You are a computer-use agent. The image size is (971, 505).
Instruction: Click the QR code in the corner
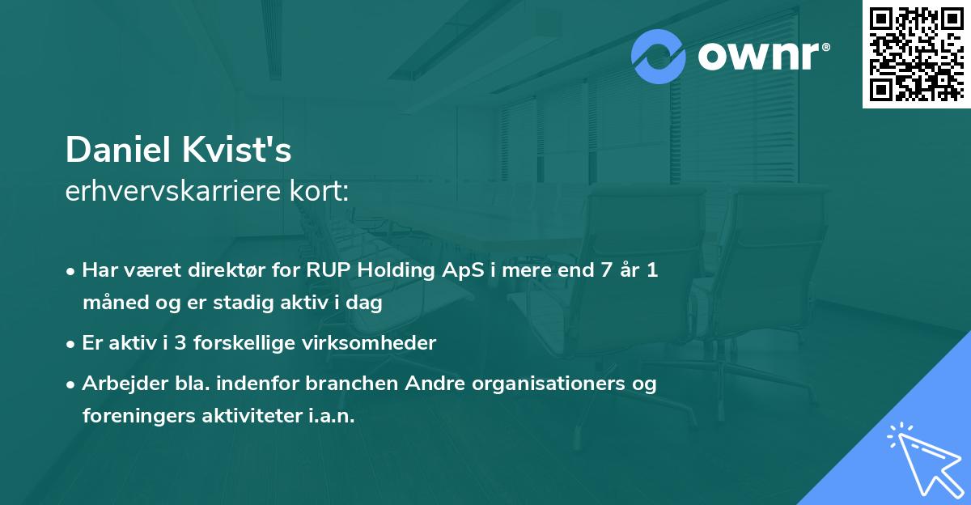point(917,53)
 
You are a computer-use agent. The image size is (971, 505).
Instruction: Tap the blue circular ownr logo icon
point(658,57)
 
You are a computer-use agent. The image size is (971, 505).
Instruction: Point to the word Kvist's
point(236,150)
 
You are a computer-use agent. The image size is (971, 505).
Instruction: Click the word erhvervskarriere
point(173,191)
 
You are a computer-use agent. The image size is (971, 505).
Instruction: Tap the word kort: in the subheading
point(319,191)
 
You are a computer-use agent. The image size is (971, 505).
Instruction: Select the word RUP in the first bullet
point(329,270)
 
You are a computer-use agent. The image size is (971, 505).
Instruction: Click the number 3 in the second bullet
point(180,343)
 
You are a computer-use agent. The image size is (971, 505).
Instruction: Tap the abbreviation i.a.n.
point(332,416)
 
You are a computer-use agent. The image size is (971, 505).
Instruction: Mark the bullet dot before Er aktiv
point(70,345)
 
